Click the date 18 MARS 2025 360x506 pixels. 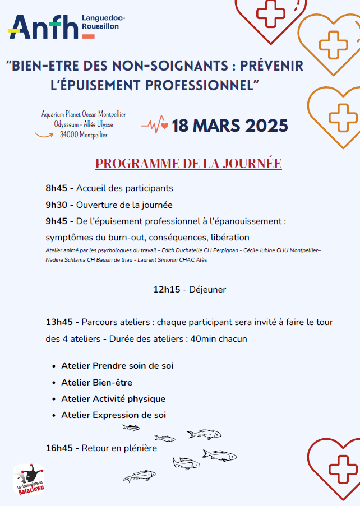[x=230, y=125]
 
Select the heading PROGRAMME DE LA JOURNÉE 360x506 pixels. [x=188, y=164]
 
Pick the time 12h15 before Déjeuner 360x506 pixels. [x=167, y=290]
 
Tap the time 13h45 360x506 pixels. [x=59, y=322]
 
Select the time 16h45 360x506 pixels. [x=59, y=448]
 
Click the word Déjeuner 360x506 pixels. [x=207, y=290]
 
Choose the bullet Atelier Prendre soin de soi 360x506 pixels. [x=117, y=366]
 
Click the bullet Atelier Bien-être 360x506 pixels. [x=96, y=383]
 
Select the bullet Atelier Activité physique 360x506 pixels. [x=113, y=399]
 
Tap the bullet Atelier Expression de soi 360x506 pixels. [x=113, y=415]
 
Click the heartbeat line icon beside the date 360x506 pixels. [x=154, y=124]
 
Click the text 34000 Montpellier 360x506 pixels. [x=84, y=135]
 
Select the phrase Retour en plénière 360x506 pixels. [x=119, y=448]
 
